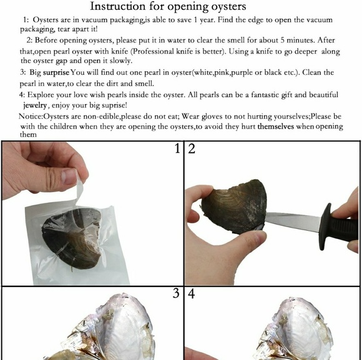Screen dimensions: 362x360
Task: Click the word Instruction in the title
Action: click(117, 6)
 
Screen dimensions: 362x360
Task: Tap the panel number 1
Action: click(177, 148)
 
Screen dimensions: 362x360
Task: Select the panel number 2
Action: click(192, 148)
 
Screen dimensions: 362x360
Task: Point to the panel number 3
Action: click(176, 293)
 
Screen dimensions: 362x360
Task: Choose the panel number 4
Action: click(192, 294)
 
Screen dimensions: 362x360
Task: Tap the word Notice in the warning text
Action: click(31, 116)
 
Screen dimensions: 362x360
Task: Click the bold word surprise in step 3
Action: click(56, 73)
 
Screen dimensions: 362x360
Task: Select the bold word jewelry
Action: click(35, 105)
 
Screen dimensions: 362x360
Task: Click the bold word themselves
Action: click(276, 127)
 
